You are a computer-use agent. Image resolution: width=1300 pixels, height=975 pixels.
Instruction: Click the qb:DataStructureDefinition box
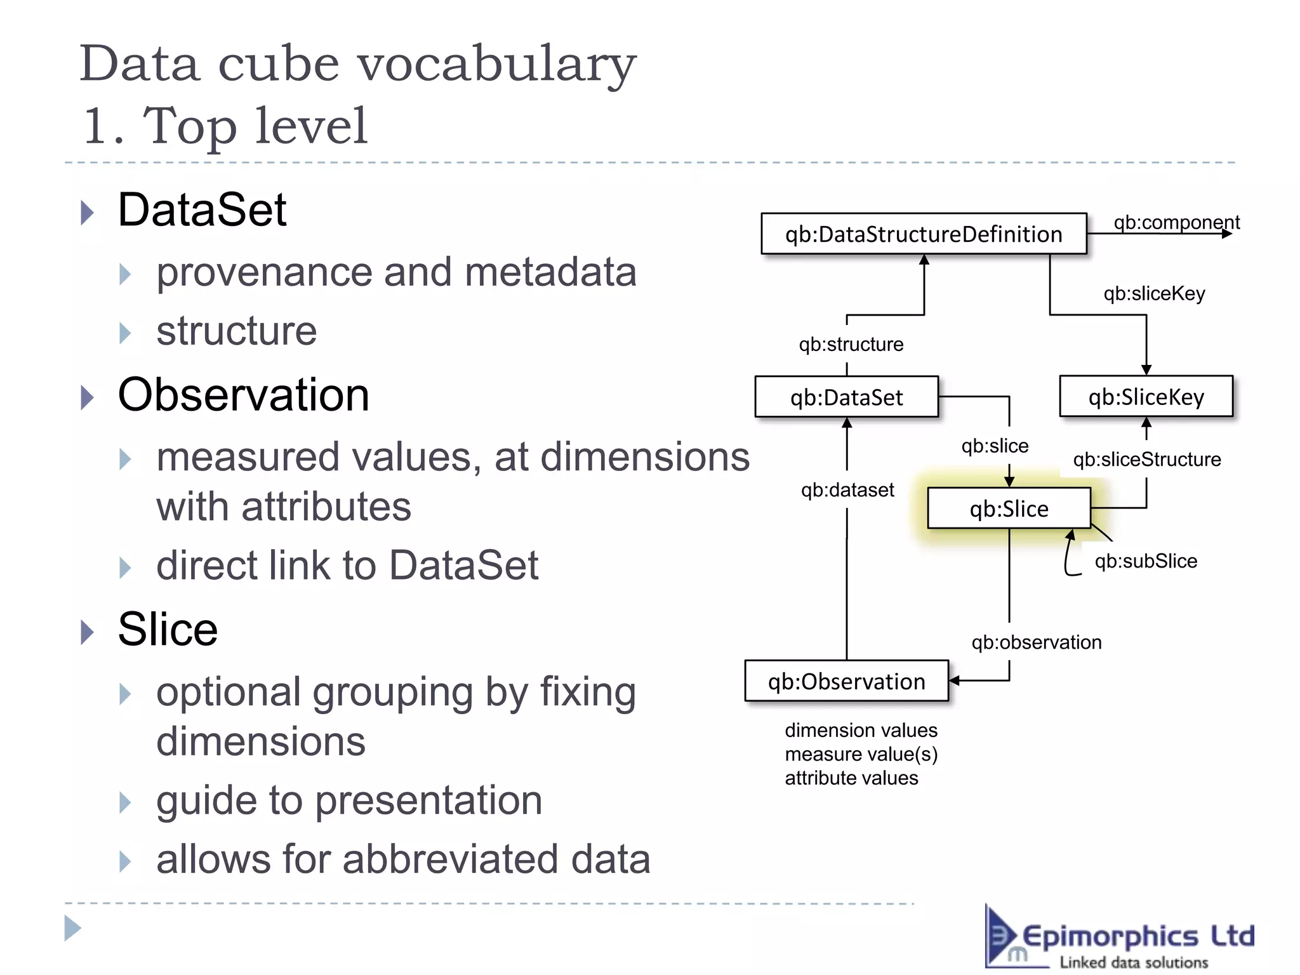[x=924, y=234]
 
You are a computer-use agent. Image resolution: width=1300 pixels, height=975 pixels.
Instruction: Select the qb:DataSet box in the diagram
[x=846, y=397]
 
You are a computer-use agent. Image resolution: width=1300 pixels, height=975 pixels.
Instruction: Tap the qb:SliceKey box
[x=1146, y=397]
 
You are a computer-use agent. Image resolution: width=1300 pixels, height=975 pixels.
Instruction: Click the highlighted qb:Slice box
[x=1009, y=508]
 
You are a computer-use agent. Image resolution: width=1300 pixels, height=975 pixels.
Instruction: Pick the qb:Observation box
[x=846, y=681]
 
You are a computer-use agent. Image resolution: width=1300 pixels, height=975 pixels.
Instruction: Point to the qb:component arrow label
[x=1176, y=222]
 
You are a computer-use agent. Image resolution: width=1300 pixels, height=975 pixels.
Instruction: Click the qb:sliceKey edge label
[x=1154, y=293]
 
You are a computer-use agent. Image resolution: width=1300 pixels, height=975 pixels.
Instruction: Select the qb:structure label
[x=851, y=344]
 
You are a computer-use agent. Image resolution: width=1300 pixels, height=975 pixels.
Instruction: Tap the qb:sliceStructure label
[x=1146, y=459]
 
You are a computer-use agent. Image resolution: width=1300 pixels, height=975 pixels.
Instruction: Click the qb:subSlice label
[x=1146, y=561]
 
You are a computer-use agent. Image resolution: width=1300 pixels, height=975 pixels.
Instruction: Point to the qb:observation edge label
[x=1036, y=642]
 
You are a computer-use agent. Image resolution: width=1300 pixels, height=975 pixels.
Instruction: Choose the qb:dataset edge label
[x=847, y=490]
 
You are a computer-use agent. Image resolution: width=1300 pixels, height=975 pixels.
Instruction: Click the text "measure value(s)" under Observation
[x=861, y=754]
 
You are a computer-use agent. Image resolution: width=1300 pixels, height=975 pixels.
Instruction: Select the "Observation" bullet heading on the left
[x=243, y=395]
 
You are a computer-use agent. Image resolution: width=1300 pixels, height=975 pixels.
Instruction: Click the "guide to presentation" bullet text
[x=349, y=800]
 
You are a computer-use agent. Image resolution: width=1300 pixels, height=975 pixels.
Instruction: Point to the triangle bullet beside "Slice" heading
[x=88, y=632]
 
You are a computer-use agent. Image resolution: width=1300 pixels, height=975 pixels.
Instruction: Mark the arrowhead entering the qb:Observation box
[x=954, y=680]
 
